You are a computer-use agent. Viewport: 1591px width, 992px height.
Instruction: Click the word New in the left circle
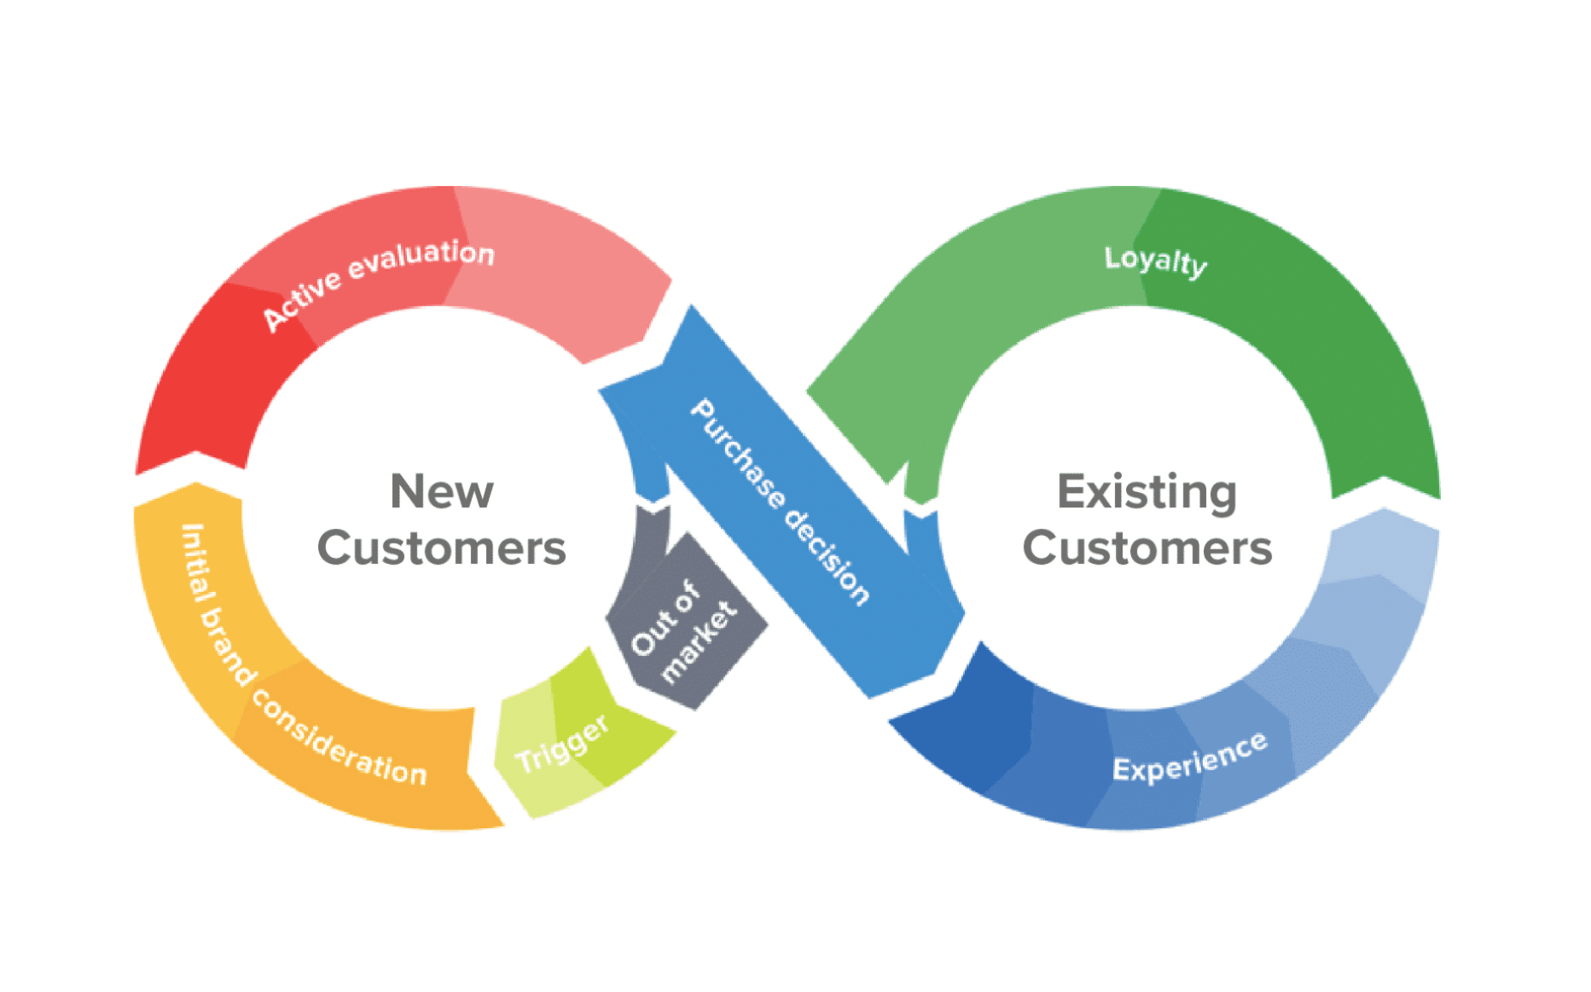tap(442, 491)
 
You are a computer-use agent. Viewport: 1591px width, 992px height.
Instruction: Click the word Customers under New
tap(442, 548)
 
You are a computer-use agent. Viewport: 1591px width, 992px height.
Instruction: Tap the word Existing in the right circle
tap(1147, 493)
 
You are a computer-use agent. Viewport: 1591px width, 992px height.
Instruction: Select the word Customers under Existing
tap(1147, 548)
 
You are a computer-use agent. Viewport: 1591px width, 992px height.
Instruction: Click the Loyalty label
tap(1156, 261)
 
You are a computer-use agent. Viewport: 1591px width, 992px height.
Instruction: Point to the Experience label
tap(1190, 757)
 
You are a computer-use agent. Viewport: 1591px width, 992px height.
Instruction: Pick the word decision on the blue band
tap(827, 558)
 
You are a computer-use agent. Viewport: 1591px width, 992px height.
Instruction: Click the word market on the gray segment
tap(698, 641)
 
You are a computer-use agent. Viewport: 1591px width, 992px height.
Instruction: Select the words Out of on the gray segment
tap(665, 618)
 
